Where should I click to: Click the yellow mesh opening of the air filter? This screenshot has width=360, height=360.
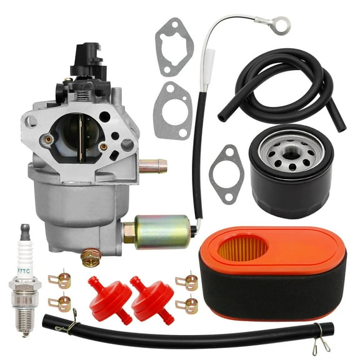pyautogui.click(x=242, y=248)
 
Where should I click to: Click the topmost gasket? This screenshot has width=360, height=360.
pyautogui.click(x=174, y=46)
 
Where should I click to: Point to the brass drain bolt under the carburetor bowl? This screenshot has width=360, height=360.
pyautogui.click(x=91, y=256)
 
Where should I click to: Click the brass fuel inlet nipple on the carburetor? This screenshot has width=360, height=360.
pyautogui.click(x=152, y=166)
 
